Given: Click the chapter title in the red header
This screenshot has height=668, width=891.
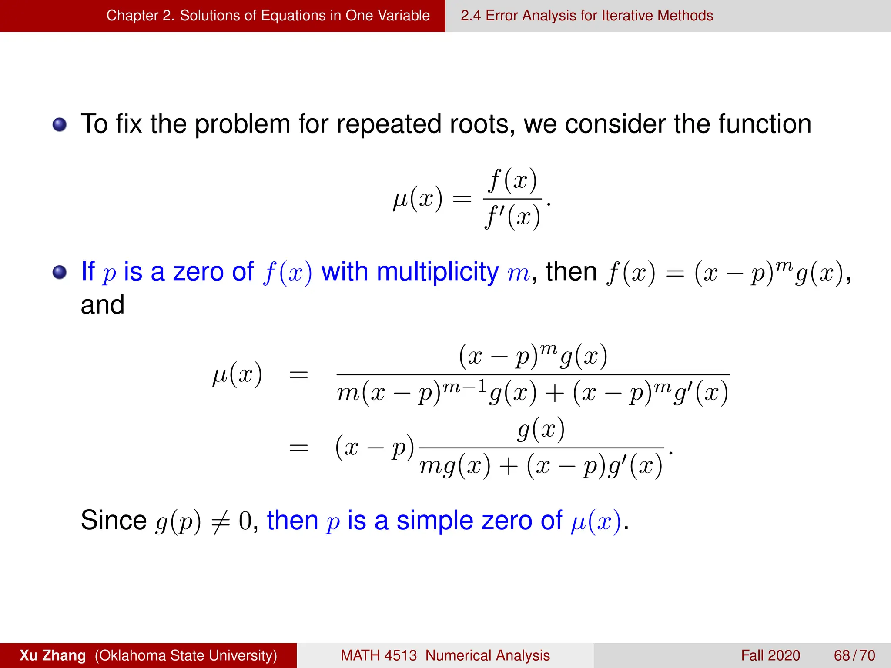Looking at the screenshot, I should pyautogui.click(x=268, y=16).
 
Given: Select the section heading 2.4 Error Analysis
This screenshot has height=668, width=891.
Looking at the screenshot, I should pyautogui.click(x=586, y=16).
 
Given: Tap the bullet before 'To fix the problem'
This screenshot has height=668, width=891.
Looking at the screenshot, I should pyautogui.click(x=60, y=125).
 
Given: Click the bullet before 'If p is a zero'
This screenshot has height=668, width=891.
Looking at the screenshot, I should pyautogui.click(x=60, y=273).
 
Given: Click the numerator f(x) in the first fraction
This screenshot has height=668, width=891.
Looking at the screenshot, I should pyautogui.click(x=512, y=180).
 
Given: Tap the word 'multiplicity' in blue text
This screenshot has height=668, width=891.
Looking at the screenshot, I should pyautogui.click(x=437, y=272).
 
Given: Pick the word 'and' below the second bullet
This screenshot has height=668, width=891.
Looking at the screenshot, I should pyautogui.click(x=103, y=304).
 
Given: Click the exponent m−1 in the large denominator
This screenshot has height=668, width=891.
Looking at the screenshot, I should pyautogui.click(x=464, y=386).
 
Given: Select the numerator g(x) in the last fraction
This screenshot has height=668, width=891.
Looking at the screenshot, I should pyautogui.click(x=541, y=429).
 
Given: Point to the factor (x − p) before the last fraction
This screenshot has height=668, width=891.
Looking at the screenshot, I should pyautogui.click(x=375, y=448).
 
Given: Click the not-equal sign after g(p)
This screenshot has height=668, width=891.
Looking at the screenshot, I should pyautogui.click(x=220, y=521).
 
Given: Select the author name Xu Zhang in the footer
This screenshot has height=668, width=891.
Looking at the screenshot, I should pyautogui.click(x=53, y=655).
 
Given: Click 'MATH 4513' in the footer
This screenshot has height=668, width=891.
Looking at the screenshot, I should pyautogui.click(x=379, y=655).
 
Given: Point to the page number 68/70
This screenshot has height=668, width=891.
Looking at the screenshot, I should pyautogui.click(x=854, y=655).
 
